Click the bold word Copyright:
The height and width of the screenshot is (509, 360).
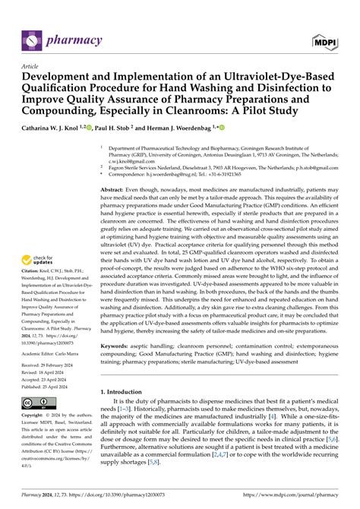(37, 438)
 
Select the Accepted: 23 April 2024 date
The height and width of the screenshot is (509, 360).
(52, 380)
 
